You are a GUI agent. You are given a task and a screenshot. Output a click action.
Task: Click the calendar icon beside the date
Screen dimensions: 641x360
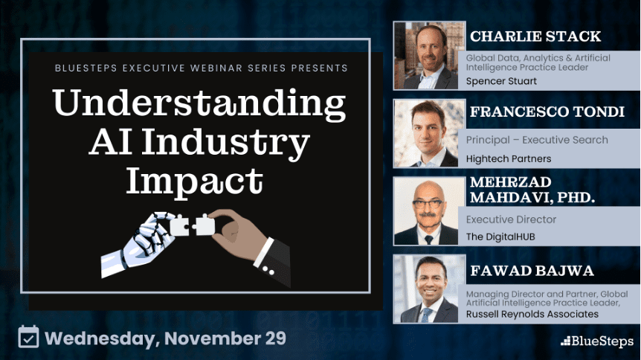pos(28,337)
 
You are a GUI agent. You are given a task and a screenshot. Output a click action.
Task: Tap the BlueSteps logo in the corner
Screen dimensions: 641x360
pos(597,341)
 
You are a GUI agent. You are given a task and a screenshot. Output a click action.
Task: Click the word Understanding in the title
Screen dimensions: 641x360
pos(199,103)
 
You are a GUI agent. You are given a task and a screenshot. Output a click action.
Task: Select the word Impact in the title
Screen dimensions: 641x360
pos(195,181)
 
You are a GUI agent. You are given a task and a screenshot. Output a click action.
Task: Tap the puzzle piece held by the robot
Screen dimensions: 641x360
pos(179,225)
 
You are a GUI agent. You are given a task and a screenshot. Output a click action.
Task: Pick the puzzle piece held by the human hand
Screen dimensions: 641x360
pos(204,225)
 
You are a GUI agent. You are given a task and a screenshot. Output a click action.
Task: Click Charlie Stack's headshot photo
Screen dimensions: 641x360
pos(429,55)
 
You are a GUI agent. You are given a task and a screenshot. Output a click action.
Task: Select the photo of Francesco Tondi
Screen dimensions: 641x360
pos(429,133)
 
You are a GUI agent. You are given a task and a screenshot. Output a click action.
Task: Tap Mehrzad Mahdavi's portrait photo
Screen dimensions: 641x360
pos(429,211)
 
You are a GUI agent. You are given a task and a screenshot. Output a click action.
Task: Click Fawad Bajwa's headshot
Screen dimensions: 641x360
pos(429,289)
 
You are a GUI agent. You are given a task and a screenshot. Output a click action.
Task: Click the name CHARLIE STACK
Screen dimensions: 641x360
pos(535,36)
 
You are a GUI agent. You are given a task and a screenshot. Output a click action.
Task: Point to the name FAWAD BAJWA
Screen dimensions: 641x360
pos(532,271)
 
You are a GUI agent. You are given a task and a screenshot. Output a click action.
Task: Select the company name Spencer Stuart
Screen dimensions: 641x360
pos(501,81)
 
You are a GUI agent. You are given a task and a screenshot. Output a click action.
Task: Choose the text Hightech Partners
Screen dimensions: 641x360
pos(509,158)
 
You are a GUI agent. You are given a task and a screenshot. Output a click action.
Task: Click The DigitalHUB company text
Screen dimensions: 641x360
pos(500,237)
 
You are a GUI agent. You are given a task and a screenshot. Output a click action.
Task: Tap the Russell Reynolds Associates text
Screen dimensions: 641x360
pos(532,314)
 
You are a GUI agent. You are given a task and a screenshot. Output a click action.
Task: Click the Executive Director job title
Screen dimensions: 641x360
pos(511,219)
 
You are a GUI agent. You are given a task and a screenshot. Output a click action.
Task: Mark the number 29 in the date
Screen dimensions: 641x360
pos(276,338)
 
